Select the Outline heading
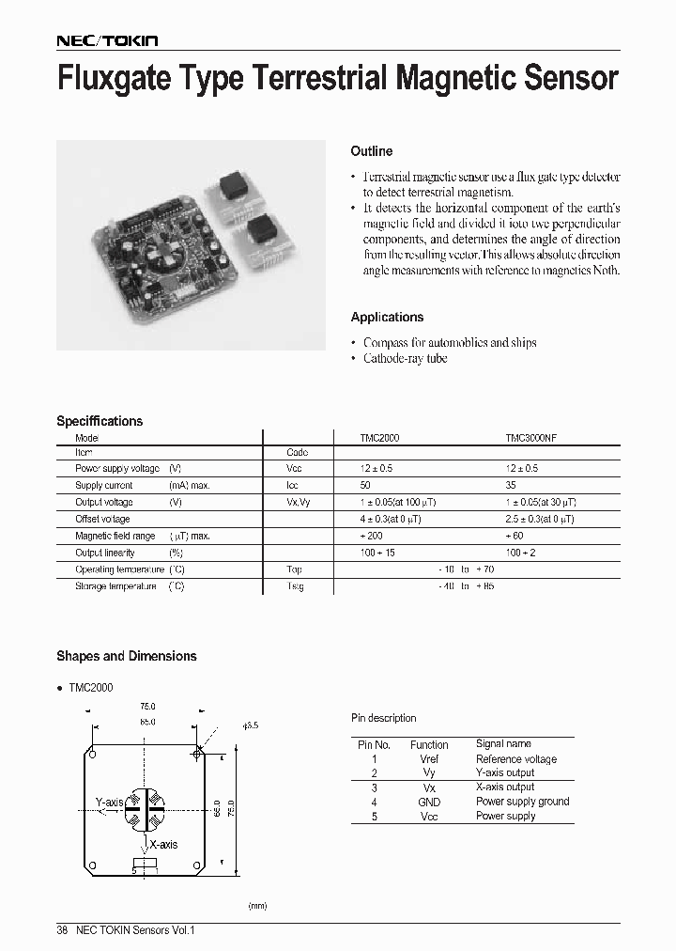(x=371, y=151)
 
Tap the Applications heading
(x=387, y=318)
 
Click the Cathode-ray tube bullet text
(x=405, y=359)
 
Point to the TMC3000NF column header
(x=531, y=438)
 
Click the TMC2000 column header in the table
(x=380, y=438)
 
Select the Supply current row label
(x=104, y=486)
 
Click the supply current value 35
(x=512, y=486)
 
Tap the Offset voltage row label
(x=102, y=520)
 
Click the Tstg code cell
(x=296, y=586)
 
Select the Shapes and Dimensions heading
(x=127, y=657)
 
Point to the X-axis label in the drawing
(x=163, y=845)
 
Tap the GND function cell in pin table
(x=428, y=803)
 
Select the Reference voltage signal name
(x=515, y=759)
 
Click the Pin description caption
(x=383, y=719)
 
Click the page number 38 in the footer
(x=62, y=930)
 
